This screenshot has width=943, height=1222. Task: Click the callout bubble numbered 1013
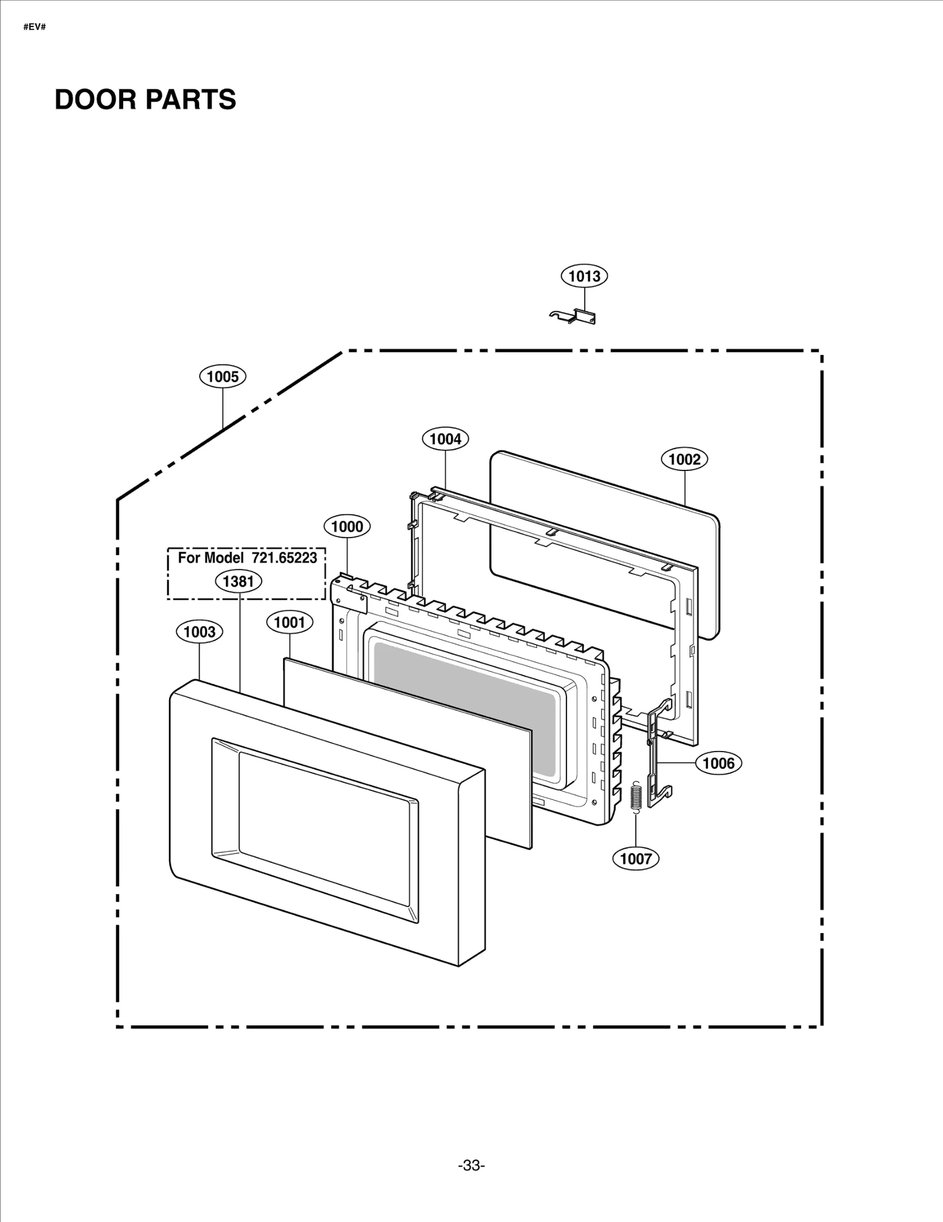[584, 276]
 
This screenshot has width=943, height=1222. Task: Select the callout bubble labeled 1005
[222, 377]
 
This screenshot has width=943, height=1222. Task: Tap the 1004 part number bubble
[445, 439]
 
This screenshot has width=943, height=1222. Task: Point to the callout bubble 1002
[684, 459]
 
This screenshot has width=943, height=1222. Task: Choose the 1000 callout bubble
[347, 526]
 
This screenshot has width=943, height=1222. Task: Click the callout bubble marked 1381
[238, 582]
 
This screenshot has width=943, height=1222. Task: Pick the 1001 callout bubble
[289, 622]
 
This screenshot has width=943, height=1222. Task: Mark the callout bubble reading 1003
[199, 633]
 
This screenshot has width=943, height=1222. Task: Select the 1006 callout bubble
[718, 763]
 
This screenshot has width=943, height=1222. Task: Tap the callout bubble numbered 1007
[635, 859]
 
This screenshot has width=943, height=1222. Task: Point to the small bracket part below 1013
[573, 317]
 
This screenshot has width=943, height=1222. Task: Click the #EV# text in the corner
[34, 27]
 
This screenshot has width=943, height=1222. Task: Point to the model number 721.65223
[284, 558]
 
